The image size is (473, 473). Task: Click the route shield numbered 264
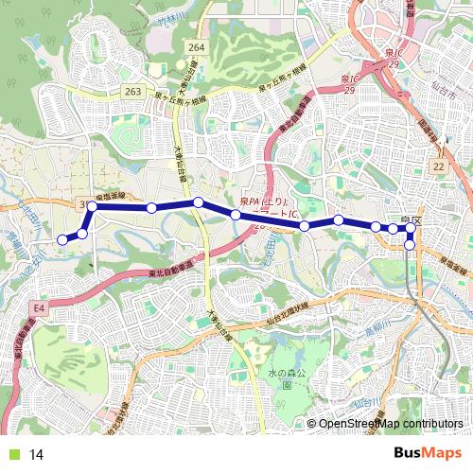pyautogui.click(x=196, y=47)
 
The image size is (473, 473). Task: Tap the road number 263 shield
pyautogui.click(x=132, y=91)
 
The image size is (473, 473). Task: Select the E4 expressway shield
pyautogui.click(x=39, y=308)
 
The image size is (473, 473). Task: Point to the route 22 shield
pyautogui.click(x=437, y=166)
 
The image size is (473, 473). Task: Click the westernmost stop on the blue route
pyautogui.click(x=62, y=240)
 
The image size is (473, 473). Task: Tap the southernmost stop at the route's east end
pyautogui.click(x=410, y=245)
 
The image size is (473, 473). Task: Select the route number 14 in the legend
pyautogui.click(x=37, y=454)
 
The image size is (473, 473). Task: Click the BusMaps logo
pyautogui.click(x=427, y=453)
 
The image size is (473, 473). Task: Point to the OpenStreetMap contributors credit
pyautogui.click(x=390, y=425)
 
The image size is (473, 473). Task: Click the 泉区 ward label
pyautogui.click(x=410, y=220)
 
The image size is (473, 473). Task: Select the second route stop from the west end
pyautogui.click(x=82, y=234)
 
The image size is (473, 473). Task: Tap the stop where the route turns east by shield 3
pyautogui.click(x=93, y=205)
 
